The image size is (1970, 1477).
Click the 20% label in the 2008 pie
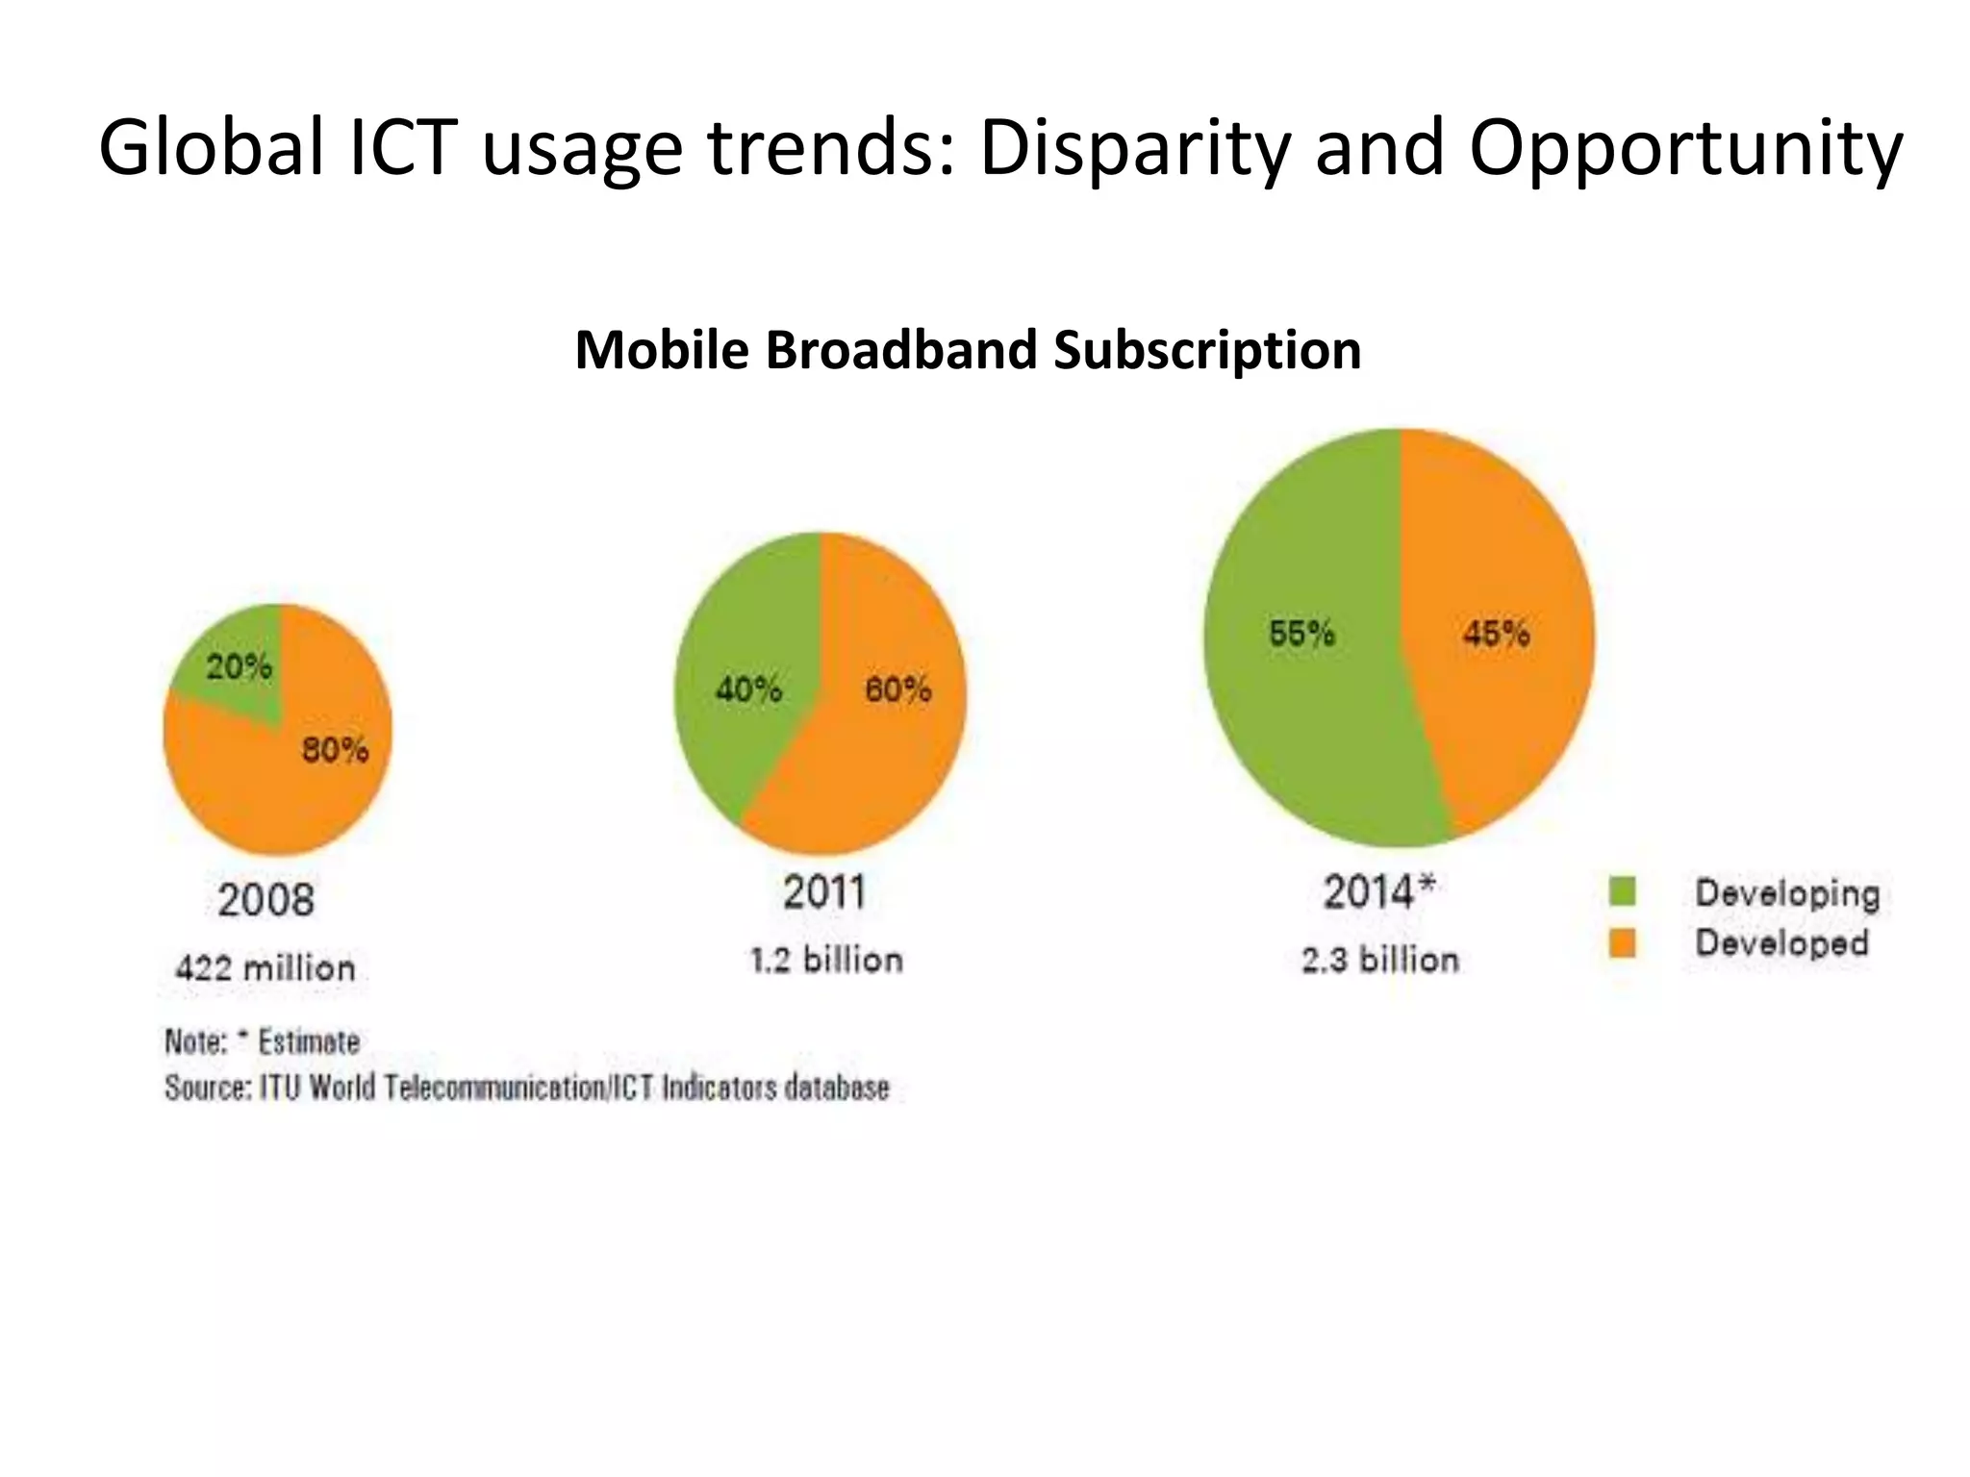(240, 666)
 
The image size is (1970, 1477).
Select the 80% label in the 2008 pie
(336, 749)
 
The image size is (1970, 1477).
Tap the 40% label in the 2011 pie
(748, 688)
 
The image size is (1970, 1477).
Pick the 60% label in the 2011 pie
(897, 688)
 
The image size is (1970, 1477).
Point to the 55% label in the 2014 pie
(1301, 633)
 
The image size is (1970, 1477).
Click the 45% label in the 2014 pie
(1496, 633)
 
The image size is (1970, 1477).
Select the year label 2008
(265, 899)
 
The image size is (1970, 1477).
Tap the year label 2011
(823, 891)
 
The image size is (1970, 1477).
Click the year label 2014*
(1378, 891)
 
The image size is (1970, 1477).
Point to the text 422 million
(265, 967)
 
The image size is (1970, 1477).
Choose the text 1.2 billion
(826, 960)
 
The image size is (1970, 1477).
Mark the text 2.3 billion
(1380, 960)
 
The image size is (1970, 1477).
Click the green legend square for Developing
(1622, 891)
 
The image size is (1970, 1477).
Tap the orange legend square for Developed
(1622, 942)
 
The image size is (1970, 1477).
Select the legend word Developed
(1781, 942)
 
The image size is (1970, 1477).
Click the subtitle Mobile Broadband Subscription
(968, 349)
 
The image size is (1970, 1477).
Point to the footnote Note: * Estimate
(263, 1041)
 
